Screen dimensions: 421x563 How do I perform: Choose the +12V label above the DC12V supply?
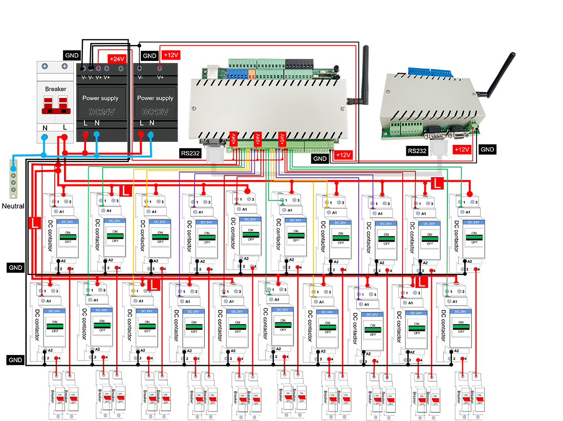coord(170,55)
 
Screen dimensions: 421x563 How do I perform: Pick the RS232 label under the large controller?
coord(190,152)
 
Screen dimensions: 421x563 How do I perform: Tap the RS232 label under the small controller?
coord(417,151)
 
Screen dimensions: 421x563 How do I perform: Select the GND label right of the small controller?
coord(487,149)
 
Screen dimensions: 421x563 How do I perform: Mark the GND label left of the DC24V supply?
coord(71,55)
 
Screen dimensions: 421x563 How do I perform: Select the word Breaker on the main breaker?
coord(55,89)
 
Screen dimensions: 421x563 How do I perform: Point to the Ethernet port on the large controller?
coord(211,72)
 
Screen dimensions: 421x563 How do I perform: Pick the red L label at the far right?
coord(437,182)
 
